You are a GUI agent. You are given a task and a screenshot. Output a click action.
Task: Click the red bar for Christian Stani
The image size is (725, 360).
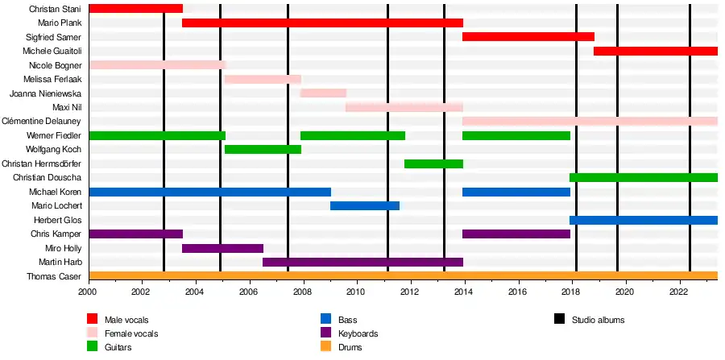click(x=135, y=9)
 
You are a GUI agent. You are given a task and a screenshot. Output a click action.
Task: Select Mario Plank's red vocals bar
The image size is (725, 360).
click(x=322, y=23)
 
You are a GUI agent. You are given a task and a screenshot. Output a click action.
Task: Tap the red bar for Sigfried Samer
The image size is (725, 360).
click(x=528, y=37)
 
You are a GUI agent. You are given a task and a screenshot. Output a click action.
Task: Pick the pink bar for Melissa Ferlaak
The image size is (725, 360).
click(x=263, y=79)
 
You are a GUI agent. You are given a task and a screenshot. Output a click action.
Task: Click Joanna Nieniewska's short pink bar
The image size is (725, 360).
click(x=323, y=93)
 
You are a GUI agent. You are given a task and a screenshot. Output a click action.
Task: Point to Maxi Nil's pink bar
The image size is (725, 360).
click(x=404, y=107)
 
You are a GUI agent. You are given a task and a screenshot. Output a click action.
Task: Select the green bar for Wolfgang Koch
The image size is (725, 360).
click(x=263, y=149)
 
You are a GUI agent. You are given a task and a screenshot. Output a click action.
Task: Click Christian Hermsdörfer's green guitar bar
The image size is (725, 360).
click(x=433, y=163)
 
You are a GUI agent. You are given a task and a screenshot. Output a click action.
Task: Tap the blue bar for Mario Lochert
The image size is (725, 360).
click(x=365, y=205)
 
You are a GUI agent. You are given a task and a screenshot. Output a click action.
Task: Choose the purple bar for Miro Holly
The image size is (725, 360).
click(x=222, y=248)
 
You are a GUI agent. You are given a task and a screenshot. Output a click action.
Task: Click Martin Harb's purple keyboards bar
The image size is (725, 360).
click(x=362, y=262)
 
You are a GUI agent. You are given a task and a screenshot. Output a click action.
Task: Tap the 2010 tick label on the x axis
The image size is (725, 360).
click(x=356, y=292)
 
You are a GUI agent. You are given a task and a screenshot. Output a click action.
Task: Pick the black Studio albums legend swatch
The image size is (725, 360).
click(x=560, y=320)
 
